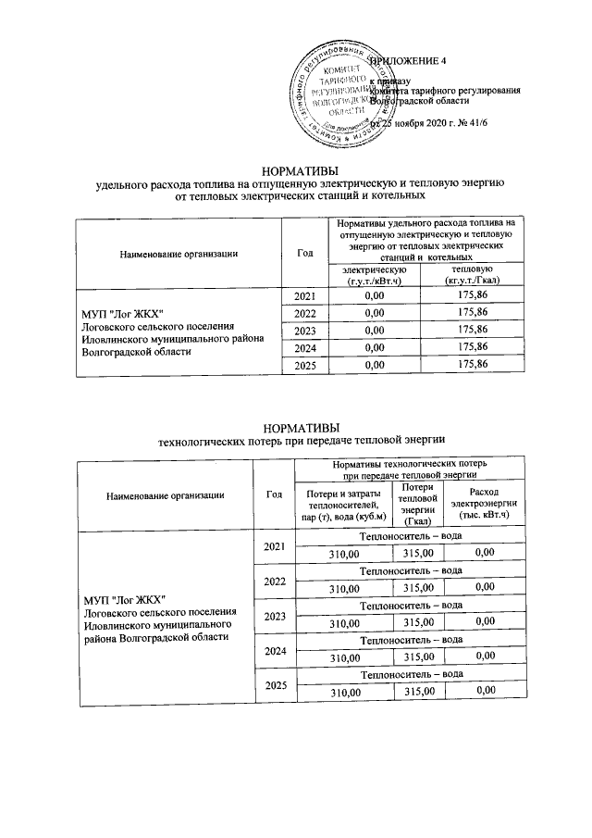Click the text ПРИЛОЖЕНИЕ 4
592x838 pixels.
pyautogui.click(x=408, y=61)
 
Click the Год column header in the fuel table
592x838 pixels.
pyautogui.click(x=304, y=253)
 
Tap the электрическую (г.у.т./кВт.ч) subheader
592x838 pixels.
pyautogui.click(x=375, y=275)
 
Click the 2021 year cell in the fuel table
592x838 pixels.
pyautogui.click(x=304, y=296)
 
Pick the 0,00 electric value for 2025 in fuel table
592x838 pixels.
pyautogui.click(x=375, y=365)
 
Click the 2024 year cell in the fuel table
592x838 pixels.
pyautogui.click(x=304, y=348)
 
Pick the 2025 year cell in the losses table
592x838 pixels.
pyautogui.click(x=274, y=685)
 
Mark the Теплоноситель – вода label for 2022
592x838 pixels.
pyautogui.click(x=411, y=571)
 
